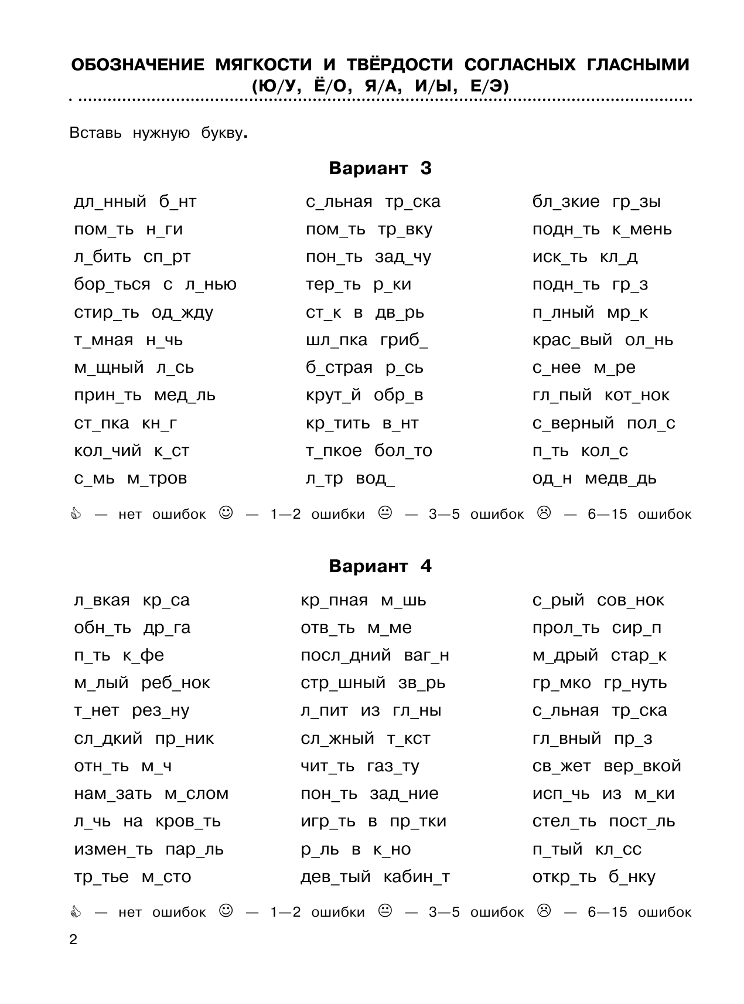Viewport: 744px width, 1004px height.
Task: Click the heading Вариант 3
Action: (x=380, y=169)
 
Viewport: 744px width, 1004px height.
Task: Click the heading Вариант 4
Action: (x=380, y=567)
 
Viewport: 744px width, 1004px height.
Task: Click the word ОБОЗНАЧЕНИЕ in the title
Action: (x=138, y=65)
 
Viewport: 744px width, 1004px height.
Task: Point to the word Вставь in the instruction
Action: (x=95, y=133)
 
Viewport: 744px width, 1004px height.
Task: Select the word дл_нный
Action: (x=110, y=203)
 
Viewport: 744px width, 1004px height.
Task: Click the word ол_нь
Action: (x=649, y=341)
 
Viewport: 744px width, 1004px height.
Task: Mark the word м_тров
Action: (x=156, y=479)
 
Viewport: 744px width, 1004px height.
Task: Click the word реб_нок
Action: (x=175, y=683)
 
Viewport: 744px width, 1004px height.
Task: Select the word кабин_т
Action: (x=416, y=877)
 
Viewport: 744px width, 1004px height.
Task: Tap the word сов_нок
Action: (x=630, y=601)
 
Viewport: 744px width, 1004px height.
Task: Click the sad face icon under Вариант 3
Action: (x=544, y=513)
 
